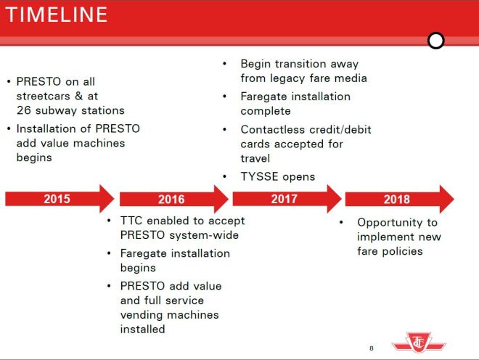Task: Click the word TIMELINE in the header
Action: tap(57, 14)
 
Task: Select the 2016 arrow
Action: tap(172, 199)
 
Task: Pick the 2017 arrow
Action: tap(285, 199)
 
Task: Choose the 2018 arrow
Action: tap(398, 199)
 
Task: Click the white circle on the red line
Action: tap(435, 41)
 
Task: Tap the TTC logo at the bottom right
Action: tap(420, 341)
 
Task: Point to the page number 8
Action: tap(372, 348)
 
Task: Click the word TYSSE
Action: tap(260, 176)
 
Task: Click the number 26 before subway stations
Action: tap(23, 110)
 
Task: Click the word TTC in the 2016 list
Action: tap(134, 221)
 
